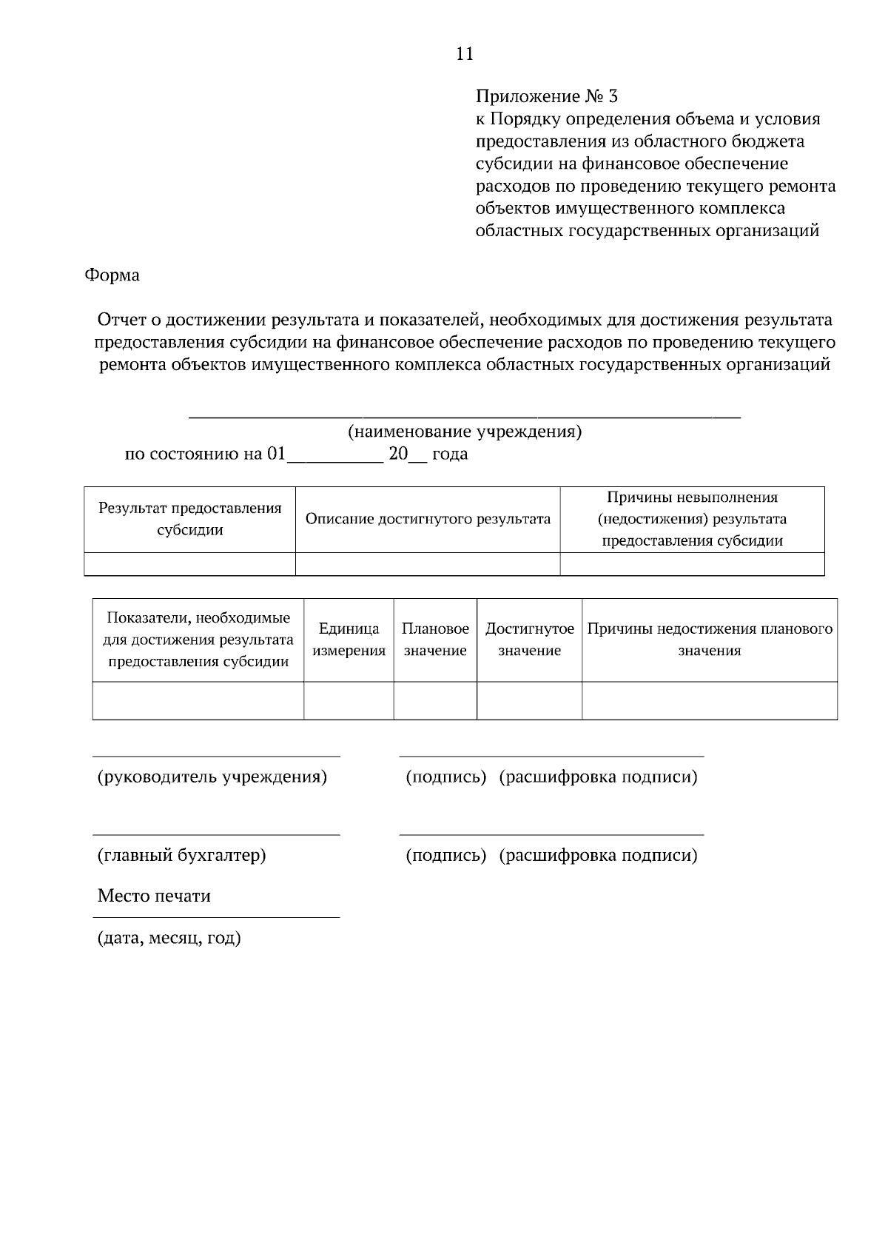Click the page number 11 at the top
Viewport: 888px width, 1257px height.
click(465, 53)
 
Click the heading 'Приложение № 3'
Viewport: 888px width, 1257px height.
click(546, 96)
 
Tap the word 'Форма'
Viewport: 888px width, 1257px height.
click(112, 275)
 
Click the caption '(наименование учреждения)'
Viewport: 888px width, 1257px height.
click(465, 432)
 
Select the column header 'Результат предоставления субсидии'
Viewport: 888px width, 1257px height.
click(190, 519)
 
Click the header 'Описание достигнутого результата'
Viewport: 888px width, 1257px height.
click(428, 519)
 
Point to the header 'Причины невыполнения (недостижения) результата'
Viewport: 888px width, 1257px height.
click(692, 519)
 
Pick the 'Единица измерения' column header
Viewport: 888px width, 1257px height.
click(349, 640)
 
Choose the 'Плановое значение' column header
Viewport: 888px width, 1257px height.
click(435, 640)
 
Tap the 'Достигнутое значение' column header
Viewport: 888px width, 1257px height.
click(529, 640)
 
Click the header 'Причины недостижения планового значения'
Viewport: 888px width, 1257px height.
click(710, 640)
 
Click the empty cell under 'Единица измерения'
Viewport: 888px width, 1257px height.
click(349, 700)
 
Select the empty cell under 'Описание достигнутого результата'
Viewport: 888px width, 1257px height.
click(428, 564)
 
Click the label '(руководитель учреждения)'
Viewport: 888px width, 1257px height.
click(212, 777)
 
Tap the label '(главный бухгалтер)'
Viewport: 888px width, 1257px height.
click(182, 855)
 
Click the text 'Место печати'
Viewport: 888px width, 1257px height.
click(154, 896)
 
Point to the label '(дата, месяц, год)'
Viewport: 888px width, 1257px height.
click(169, 938)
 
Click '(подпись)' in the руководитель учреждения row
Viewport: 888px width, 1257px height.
click(445, 777)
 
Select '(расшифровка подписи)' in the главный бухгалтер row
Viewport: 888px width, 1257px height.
click(598, 855)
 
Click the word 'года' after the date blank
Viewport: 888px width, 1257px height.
click(450, 454)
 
